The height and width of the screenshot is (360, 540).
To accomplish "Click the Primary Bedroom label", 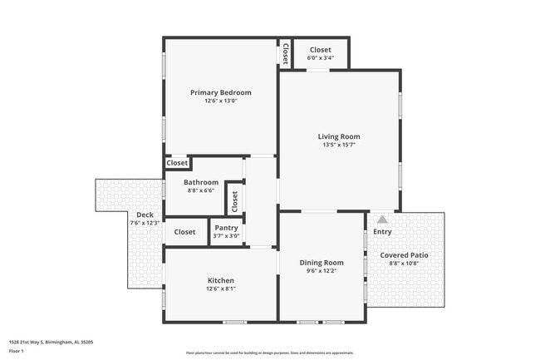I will tap(220, 92).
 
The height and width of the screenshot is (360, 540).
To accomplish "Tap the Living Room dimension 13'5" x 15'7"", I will tap(339, 145).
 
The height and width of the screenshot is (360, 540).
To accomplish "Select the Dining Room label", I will tap(321, 263).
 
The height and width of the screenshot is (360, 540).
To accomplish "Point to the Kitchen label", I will tap(220, 280).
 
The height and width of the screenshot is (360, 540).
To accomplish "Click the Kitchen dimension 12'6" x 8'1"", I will tap(220, 288).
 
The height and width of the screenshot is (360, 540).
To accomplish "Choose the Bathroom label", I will tap(201, 182).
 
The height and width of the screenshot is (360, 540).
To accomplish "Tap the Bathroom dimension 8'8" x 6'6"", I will tap(201, 190).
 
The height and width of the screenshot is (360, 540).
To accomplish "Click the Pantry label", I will tap(226, 228).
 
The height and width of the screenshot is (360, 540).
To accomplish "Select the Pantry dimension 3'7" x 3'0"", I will tap(226, 236).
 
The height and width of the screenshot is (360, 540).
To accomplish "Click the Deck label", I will tap(145, 215).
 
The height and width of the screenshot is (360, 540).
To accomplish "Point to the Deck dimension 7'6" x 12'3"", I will tap(145, 223).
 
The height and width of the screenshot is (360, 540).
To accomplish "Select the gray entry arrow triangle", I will tap(382, 220).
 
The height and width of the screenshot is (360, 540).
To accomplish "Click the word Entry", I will tap(382, 231).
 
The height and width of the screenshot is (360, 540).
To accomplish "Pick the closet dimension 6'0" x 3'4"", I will tap(320, 58).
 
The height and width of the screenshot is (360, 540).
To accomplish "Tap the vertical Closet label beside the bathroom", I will tap(234, 200).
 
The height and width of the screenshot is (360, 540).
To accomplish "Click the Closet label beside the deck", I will tap(184, 232).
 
